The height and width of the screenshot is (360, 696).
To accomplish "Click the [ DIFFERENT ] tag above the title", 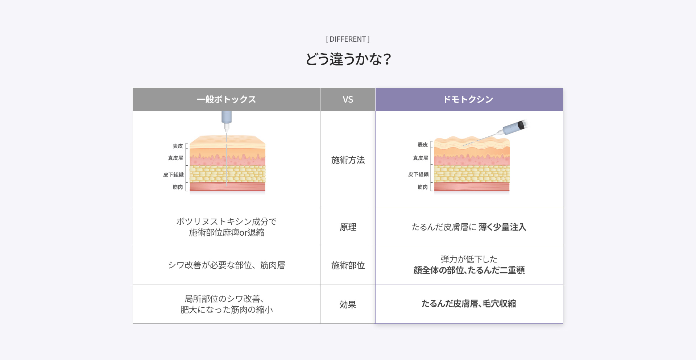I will point(348,39).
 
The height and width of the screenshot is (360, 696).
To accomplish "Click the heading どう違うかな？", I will point(348,59).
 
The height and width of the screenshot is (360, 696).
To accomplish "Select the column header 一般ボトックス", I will point(226,99).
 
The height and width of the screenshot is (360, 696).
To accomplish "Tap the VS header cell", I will point(348,99).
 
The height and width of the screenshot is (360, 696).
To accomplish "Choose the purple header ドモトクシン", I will point(469,99).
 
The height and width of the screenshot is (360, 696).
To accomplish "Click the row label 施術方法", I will point(348,160).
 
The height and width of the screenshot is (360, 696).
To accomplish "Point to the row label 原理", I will point(348,227).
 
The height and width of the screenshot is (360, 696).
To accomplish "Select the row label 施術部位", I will point(348,266).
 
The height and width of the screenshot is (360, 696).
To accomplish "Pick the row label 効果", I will point(348,305).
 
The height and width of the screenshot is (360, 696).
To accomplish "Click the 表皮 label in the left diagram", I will point(178,146).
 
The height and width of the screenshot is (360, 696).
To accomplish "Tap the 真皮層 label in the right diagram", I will point(420,158).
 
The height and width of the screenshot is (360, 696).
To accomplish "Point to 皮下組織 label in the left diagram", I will point(173,175).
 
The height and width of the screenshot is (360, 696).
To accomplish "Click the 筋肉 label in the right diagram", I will point(422,187).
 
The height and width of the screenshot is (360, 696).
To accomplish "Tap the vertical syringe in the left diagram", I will point(227,120).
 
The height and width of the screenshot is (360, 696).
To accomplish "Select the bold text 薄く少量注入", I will point(502,227).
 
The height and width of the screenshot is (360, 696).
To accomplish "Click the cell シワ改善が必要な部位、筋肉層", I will point(226,265).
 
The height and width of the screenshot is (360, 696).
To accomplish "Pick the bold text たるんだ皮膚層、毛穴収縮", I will point(469,304).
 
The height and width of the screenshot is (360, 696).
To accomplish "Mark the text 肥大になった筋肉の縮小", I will point(226,310).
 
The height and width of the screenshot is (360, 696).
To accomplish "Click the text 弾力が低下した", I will point(469,259).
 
